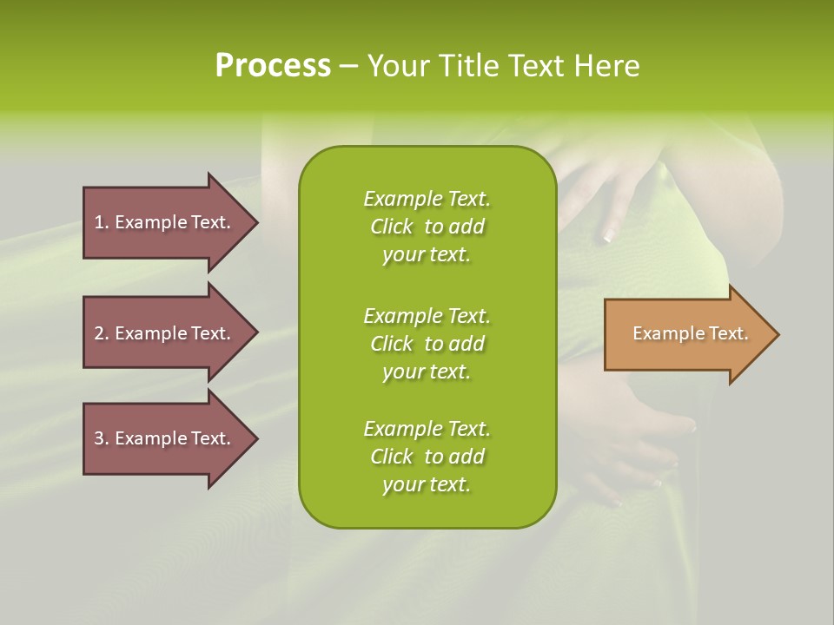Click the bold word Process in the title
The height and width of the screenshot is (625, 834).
[273, 66]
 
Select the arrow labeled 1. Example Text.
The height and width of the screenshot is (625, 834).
[165, 222]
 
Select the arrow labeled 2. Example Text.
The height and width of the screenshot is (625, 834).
[165, 333]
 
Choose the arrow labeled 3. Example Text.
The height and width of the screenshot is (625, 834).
[165, 438]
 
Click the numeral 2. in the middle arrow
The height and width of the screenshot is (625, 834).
[101, 333]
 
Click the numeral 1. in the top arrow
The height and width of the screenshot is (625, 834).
[101, 222]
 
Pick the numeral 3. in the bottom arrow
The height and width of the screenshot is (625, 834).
[101, 438]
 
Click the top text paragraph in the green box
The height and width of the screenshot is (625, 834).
[427, 227]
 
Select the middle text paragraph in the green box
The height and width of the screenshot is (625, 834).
[427, 343]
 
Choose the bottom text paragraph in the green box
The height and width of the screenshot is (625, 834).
[427, 457]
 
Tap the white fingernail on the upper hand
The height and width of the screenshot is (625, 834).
[607, 237]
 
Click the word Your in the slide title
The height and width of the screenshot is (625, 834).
[397, 66]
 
